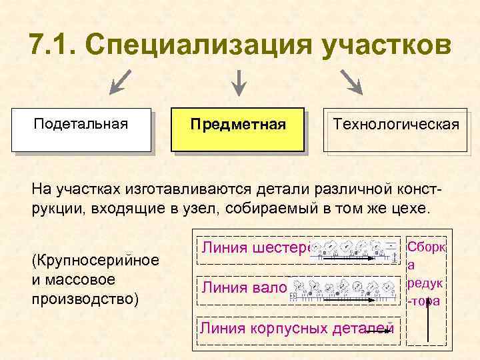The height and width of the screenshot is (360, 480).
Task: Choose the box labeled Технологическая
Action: (396, 130)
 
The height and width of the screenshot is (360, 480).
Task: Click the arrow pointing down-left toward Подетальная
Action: (120, 82)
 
